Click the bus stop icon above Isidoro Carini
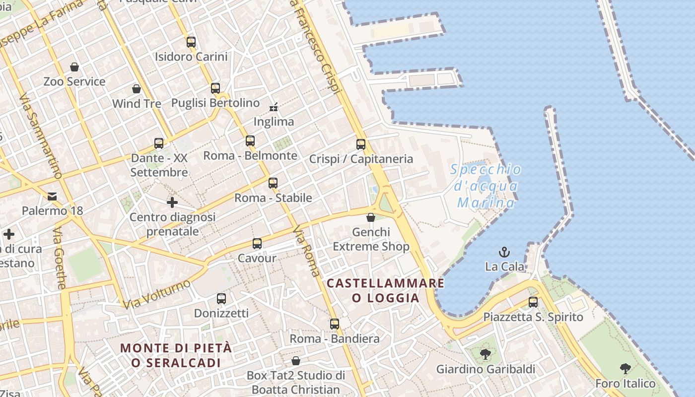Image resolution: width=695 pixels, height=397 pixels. (x=191, y=42)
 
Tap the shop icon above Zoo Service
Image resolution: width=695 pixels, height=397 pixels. (x=74, y=67)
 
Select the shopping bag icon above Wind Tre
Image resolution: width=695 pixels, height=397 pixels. (x=137, y=89)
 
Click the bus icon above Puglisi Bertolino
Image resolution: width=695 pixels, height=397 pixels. (x=215, y=88)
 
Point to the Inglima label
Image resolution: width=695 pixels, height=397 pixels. (x=274, y=122)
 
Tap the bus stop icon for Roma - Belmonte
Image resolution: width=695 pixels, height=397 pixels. (x=250, y=141)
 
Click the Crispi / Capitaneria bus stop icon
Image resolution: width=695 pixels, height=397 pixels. (x=361, y=144)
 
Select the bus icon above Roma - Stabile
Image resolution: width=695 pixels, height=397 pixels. (x=273, y=183)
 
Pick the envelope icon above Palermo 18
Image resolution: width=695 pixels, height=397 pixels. (x=52, y=197)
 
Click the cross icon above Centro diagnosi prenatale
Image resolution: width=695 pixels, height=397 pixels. (x=172, y=202)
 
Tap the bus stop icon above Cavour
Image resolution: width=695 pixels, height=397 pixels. (x=257, y=244)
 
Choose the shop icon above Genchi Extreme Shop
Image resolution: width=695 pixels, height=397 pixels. (x=371, y=217)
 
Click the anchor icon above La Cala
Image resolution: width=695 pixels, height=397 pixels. (x=504, y=252)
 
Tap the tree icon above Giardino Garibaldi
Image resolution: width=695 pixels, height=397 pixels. (x=486, y=354)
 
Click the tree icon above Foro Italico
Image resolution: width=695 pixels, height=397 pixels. (x=625, y=369)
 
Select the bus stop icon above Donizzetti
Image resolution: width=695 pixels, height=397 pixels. (x=221, y=299)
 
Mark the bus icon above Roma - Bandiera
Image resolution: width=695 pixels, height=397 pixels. (x=335, y=324)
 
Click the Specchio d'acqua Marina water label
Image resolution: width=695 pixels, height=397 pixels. (x=486, y=186)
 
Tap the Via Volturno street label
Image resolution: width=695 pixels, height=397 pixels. (x=156, y=294)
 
